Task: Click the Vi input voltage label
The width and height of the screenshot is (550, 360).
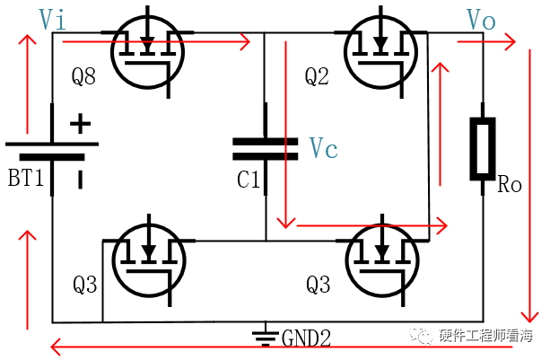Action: coord(52,19)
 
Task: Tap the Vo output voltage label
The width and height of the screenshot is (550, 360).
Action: coord(481,20)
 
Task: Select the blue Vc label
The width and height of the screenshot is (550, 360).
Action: coord(323,148)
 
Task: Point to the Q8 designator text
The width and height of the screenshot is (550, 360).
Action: coord(83,76)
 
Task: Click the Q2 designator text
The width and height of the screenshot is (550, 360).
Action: coord(317,76)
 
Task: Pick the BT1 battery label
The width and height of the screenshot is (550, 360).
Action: coord(26,177)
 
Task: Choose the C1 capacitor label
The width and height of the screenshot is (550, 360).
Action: coord(249,180)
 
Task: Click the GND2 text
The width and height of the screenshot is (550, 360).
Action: coord(306,338)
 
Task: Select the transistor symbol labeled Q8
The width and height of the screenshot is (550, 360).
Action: coord(147,52)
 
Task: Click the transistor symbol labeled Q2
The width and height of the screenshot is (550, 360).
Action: coord(381,52)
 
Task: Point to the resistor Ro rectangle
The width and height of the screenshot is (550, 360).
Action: coord(483,149)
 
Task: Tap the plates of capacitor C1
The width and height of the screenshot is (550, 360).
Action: coord(266,149)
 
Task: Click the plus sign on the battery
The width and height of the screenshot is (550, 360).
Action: coord(81,124)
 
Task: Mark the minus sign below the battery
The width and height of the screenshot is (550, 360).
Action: coord(81,180)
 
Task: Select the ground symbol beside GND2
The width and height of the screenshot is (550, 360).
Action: coord(266,334)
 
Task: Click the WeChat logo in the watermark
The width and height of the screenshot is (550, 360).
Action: coord(422,336)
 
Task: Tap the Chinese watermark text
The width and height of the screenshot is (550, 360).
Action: coord(485,336)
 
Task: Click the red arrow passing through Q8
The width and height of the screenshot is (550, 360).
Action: coord(156,42)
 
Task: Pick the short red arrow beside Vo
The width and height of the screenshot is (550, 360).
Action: coord(486,42)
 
